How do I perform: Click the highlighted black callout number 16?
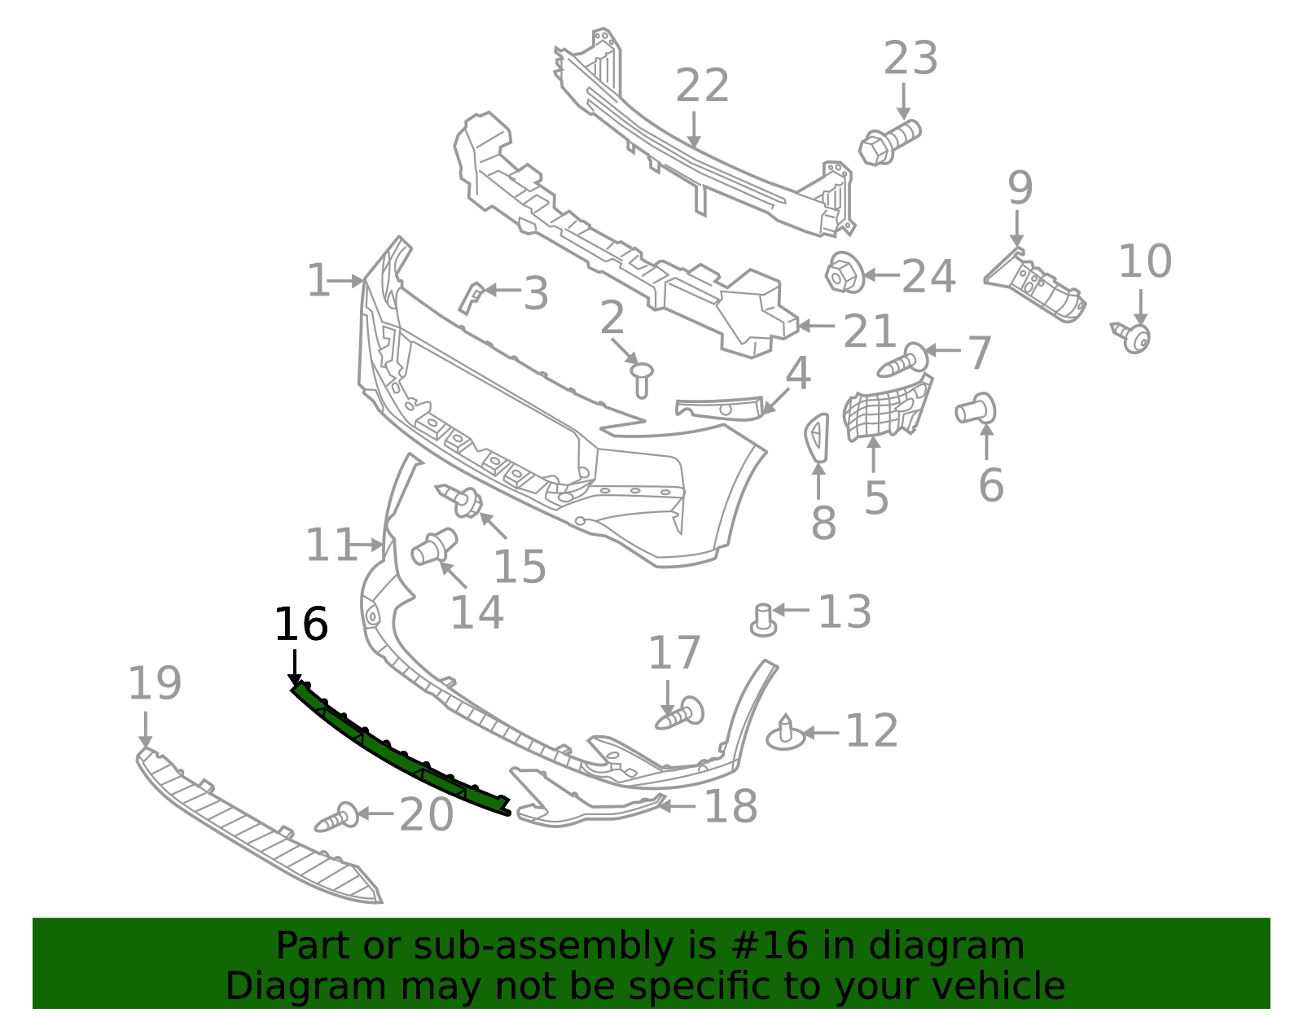click(301, 625)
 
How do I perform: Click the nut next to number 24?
click(844, 274)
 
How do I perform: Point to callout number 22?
click(702, 86)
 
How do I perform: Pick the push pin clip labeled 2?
click(642, 379)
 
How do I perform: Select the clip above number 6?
click(977, 409)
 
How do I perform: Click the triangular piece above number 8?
click(817, 436)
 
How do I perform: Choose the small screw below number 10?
click(1133, 336)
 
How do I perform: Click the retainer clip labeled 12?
click(785, 733)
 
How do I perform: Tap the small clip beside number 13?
click(763, 620)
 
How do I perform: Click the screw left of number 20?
click(337, 818)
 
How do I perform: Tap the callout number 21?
click(869, 331)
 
